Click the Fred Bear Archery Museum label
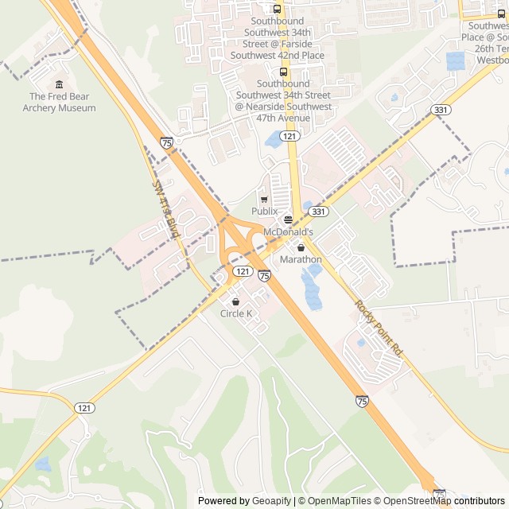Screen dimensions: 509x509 point(59,103)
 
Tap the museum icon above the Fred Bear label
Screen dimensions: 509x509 point(59,85)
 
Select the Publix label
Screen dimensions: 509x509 point(264,211)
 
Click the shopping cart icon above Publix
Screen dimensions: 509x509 point(264,199)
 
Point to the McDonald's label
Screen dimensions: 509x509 point(288,231)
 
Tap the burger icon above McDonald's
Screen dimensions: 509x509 point(288,220)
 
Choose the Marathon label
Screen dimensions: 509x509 point(301,259)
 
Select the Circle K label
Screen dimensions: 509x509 point(236,313)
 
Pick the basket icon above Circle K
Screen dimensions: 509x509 point(236,301)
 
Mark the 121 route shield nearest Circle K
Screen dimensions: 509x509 point(243,271)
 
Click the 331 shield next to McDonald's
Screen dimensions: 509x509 point(318,211)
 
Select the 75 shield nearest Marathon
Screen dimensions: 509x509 point(264,275)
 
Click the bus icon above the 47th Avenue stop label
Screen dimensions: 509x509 point(283,72)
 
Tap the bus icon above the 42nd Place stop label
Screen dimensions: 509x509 point(277,9)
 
